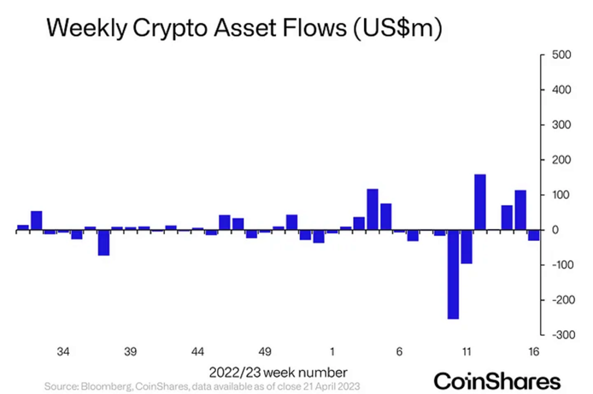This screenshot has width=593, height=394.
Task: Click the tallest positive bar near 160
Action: click(x=480, y=202)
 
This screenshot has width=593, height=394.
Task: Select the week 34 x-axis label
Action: click(x=64, y=352)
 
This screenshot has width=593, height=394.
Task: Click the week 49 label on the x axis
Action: click(x=265, y=352)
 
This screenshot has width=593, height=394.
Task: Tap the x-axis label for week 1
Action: click(x=332, y=352)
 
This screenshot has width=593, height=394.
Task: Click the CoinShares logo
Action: click(x=497, y=381)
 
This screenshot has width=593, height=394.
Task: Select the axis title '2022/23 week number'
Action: click(x=278, y=371)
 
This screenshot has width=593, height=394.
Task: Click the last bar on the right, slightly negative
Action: click(x=533, y=235)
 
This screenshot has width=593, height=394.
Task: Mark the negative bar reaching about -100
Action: click(x=466, y=247)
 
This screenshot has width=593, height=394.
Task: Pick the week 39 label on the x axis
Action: click(x=130, y=352)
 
